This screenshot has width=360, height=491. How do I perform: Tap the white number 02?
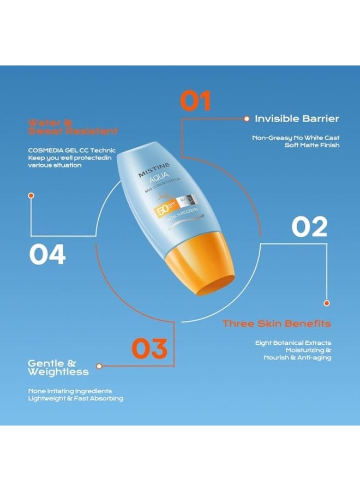point(309,226)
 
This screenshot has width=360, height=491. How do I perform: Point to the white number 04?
point(47,254)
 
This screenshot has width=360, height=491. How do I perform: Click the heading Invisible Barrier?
point(297,118)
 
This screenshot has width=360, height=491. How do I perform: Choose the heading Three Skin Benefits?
point(277,324)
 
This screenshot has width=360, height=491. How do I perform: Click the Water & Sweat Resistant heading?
point(73,127)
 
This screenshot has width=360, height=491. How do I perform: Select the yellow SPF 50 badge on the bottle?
point(163,211)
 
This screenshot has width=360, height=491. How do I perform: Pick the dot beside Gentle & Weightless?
point(99,366)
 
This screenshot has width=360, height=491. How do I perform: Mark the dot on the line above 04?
point(31,195)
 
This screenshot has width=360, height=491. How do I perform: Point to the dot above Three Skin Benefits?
point(327,303)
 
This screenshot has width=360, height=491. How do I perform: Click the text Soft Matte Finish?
point(312,145)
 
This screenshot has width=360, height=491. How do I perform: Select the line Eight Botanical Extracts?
point(293,343)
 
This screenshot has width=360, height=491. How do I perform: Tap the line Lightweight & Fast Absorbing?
point(75,398)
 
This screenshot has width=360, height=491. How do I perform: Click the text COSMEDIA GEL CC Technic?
point(71,150)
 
